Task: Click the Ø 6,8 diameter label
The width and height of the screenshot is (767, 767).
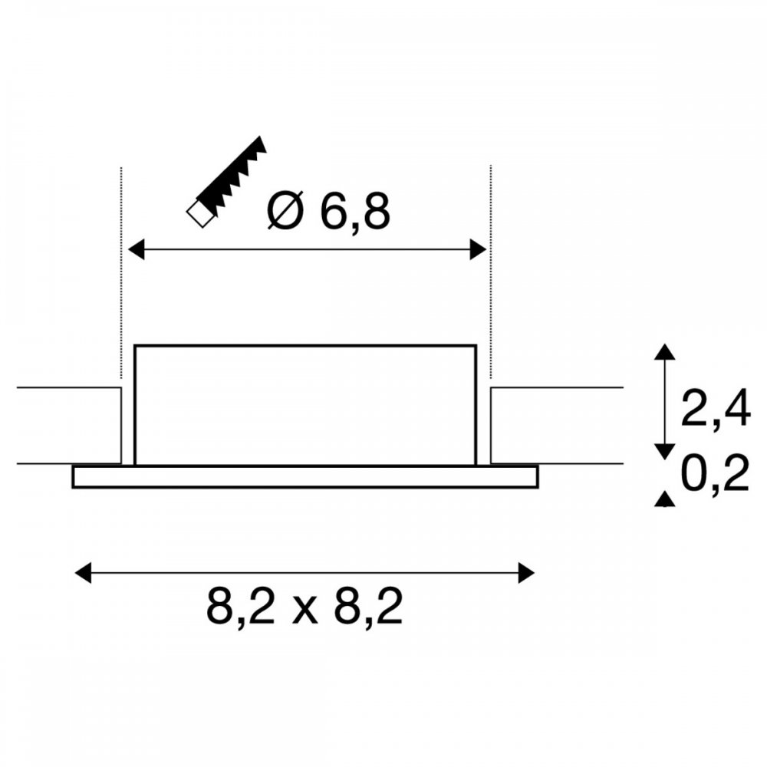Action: pyautogui.click(x=329, y=211)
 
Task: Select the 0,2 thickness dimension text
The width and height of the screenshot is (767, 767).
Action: pyautogui.click(x=715, y=473)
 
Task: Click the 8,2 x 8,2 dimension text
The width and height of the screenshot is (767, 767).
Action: pyautogui.click(x=304, y=607)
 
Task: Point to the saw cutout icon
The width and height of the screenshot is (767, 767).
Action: pyautogui.click(x=226, y=182)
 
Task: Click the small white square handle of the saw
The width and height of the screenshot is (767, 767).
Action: pyautogui.click(x=200, y=214)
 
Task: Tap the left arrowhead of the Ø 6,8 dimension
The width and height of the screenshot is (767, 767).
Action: pyautogui.click(x=137, y=249)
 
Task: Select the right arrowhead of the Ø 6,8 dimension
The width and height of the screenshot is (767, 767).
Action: pyautogui.click(x=478, y=249)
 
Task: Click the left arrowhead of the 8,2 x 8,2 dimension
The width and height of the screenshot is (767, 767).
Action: pyautogui.click(x=83, y=573)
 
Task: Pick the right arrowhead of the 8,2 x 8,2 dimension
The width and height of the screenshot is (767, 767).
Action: pyautogui.click(x=526, y=573)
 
